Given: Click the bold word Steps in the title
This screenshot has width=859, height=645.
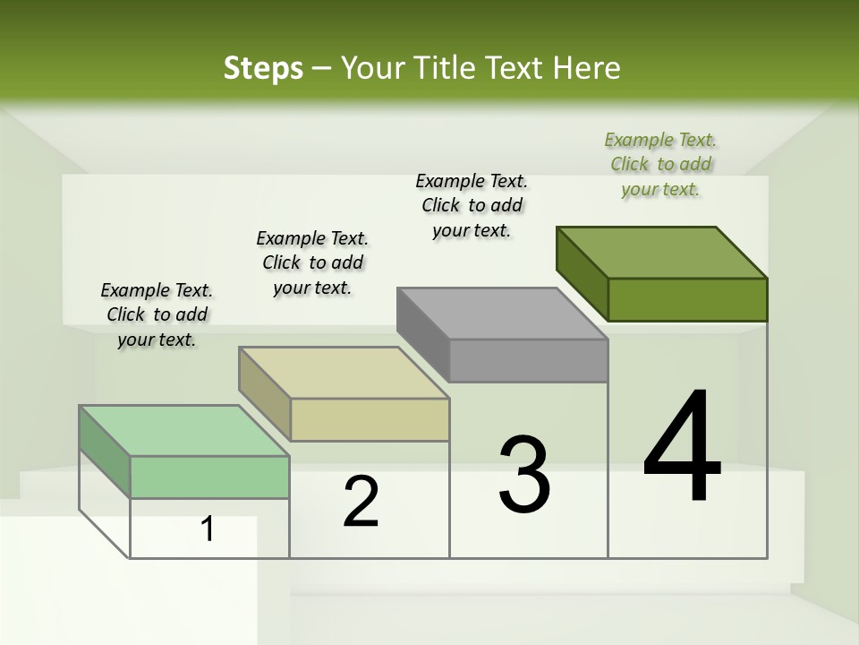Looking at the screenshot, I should [x=263, y=68].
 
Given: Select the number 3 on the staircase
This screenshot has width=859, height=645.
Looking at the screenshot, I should [x=524, y=475].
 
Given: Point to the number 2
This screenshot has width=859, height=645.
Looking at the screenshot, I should [x=361, y=502].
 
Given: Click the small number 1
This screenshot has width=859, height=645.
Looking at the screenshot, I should [x=207, y=529].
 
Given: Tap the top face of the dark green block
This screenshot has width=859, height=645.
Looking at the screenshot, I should [x=662, y=252].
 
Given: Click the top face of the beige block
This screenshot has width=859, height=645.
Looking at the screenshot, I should [x=344, y=373].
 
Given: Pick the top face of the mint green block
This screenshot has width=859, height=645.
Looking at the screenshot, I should [x=184, y=431].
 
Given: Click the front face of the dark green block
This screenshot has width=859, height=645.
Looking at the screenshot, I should [x=687, y=299].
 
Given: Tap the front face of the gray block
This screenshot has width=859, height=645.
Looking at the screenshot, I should [x=528, y=361].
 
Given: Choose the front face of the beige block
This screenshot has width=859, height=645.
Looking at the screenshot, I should [x=370, y=419].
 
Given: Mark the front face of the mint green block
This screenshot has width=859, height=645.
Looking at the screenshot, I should [x=209, y=477].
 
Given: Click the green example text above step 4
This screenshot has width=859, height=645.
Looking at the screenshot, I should [x=660, y=164].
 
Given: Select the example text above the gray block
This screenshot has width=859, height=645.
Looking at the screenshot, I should [x=472, y=205].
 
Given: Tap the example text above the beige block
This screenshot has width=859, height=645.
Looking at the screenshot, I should [x=312, y=262].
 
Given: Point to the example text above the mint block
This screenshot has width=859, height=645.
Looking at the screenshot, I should [x=157, y=314].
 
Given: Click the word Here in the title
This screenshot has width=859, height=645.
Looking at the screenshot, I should [x=585, y=68].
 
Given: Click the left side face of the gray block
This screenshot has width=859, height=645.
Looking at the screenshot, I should [x=423, y=334].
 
